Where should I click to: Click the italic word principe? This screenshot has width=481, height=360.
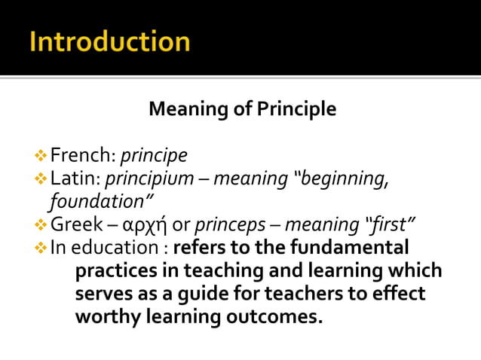click(154, 157)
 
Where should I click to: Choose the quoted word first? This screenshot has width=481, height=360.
click(390, 224)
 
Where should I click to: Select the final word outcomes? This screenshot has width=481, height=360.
click(272, 316)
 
